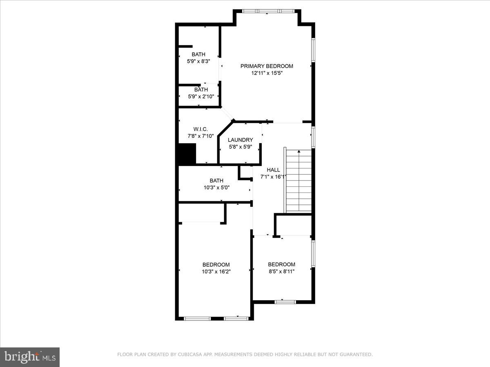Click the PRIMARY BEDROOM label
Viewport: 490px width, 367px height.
pyautogui.click(x=267, y=66)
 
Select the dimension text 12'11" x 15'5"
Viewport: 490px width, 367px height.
pyautogui.click(x=267, y=73)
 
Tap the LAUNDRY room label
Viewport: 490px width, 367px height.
pyautogui.click(x=240, y=140)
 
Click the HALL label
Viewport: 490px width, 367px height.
pyautogui.click(x=273, y=170)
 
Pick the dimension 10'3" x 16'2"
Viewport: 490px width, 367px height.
pyautogui.click(x=216, y=272)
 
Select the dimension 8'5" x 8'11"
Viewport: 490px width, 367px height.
pyautogui.click(x=281, y=271)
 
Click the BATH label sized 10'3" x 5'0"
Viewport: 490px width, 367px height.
pyautogui.click(x=216, y=181)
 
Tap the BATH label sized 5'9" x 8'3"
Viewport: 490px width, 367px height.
pyautogui.click(x=198, y=54)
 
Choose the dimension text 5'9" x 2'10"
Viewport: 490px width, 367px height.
pyautogui.click(x=201, y=97)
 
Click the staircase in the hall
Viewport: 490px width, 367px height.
pyautogui.click(x=299, y=181)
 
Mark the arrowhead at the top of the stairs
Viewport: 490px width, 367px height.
pyautogui.click(x=299, y=152)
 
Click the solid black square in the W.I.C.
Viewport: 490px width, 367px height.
pyautogui.click(x=187, y=154)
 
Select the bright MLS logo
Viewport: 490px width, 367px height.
pyautogui.click(x=30, y=357)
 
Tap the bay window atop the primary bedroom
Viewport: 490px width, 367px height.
pyautogui.click(x=267, y=11)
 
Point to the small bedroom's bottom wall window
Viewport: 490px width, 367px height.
pyautogui.click(x=285, y=302)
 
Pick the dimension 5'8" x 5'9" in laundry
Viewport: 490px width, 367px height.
pyautogui.click(x=240, y=147)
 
